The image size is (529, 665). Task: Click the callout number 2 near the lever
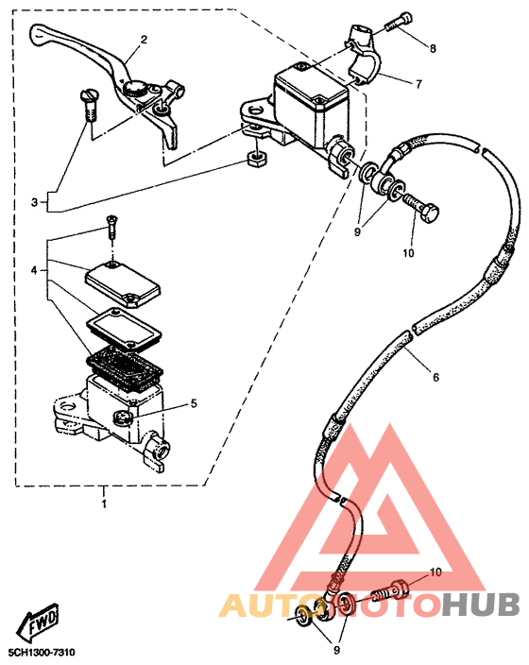(x=144, y=40)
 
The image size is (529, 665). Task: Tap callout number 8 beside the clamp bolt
(x=433, y=48)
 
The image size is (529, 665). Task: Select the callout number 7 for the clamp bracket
(x=418, y=84)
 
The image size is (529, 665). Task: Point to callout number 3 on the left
(x=34, y=202)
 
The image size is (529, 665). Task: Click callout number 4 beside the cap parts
(x=34, y=270)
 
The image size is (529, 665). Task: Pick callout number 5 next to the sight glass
(x=194, y=403)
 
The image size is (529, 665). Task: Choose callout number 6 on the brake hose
(x=435, y=377)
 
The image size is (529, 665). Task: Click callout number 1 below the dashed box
(x=104, y=503)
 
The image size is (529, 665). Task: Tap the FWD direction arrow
(x=38, y=621)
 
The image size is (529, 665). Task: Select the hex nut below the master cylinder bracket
(x=257, y=160)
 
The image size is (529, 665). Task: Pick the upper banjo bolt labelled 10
(x=420, y=209)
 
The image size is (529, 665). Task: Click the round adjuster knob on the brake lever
(x=135, y=89)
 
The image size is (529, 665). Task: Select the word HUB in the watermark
(x=481, y=605)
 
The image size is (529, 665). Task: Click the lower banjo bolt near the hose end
(x=391, y=590)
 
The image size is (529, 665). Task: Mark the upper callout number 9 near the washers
(x=357, y=232)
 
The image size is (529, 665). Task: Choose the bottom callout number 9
(x=336, y=650)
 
